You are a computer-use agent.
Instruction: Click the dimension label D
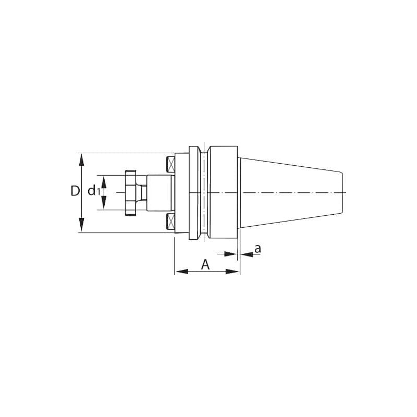tap(75, 191)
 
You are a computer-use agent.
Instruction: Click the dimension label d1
tap(94, 191)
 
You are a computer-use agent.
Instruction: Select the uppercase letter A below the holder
tap(205, 264)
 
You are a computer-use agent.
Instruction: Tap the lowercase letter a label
tap(257, 249)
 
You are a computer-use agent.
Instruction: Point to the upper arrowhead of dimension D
tap(82, 161)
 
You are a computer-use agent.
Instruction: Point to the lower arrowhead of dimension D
tap(82, 225)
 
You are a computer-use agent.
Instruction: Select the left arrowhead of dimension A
tap(182, 271)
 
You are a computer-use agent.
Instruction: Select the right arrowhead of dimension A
tap(232, 271)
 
